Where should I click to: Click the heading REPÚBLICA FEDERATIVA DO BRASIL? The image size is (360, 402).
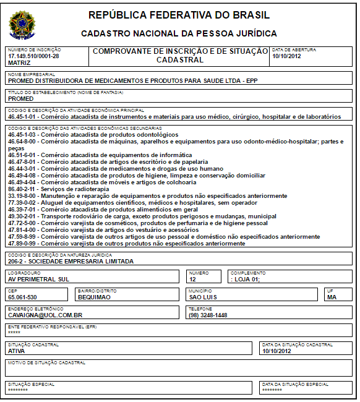click(x=179, y=15)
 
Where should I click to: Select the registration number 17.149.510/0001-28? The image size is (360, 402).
click(x=34, y=56)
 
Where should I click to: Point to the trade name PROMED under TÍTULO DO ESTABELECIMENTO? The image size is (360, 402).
click(x=21, y=98)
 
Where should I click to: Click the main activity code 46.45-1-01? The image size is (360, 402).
click(x=24, y=116)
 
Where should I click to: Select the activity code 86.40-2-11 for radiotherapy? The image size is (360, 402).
click(x=24, y=189)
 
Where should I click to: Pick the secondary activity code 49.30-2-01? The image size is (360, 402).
click(x=24, y=216)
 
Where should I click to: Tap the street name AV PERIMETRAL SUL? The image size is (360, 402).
click(x=38, y=279)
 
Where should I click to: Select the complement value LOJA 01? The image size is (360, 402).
click(x=246, y=279)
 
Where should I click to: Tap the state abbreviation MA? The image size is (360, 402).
click(x=332, y=297)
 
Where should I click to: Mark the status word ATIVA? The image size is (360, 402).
click(x=17, y=351)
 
